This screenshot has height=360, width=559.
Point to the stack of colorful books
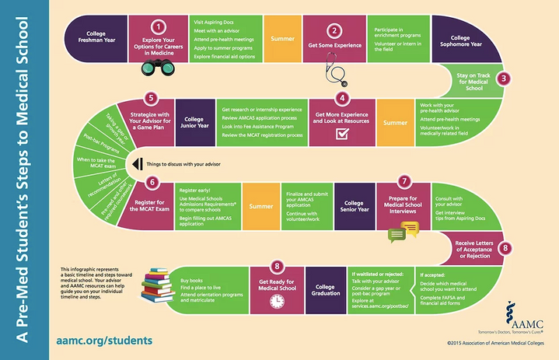coord(159,289)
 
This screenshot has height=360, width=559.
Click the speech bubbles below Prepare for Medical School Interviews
coord(397,230)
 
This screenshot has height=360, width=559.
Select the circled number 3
coord(504,78)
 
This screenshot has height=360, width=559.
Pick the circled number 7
coord(404,180)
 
